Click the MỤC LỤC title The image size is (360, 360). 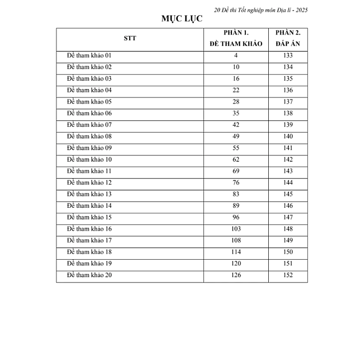[x=182, y=19]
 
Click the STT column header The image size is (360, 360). [x=130, y=39]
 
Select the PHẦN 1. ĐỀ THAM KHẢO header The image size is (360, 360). [x=236, y=38]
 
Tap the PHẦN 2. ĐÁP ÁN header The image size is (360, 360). [x=288, y=38]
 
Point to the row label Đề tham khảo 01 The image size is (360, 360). [x=90, y=56]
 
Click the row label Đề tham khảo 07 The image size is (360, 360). [x=90, y=125]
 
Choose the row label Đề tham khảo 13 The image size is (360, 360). [x=90, y=194]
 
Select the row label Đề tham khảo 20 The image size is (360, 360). [x=90, y=275]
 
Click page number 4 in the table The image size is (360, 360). [x=236, y=56]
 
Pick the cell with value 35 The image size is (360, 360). [x=236, y=113]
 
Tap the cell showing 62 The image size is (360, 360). [x=236, y=159]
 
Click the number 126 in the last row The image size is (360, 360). [x=236, y=275]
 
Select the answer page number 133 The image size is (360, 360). [x=288, y=56]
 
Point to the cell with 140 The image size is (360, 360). [x=288, y=136]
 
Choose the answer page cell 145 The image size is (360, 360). [x=288, y=194]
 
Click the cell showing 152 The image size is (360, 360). [x=288, y=275]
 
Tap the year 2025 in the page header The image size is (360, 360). [x=300, y=10]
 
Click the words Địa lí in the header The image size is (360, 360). [x=277, y=10]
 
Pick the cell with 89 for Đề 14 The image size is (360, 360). [x=236, y=206]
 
